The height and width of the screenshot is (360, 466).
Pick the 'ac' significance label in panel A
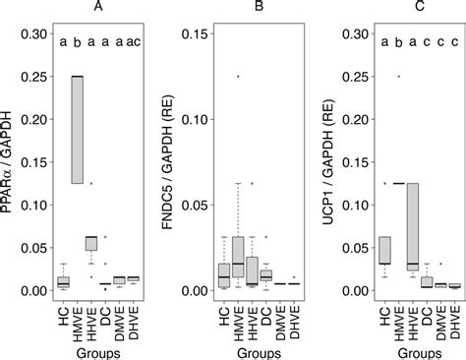pos(135,42)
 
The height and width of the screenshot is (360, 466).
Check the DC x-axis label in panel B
pos(266,310)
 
